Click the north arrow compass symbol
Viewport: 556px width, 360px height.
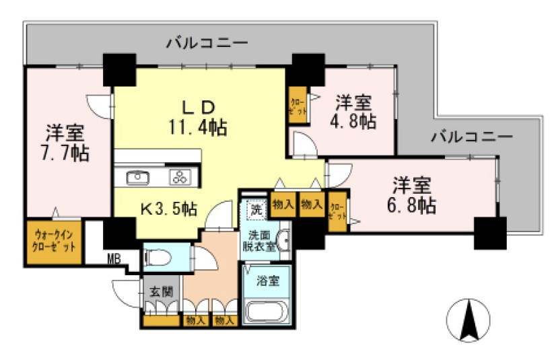pos(469,320)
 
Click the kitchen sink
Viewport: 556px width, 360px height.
pos(138,178)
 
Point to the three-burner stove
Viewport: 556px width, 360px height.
pos(181,178)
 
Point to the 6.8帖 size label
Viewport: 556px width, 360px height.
pos(412,204)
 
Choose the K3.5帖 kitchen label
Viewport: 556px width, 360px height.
pos(168,209)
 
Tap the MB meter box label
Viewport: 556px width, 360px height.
pos(114,256)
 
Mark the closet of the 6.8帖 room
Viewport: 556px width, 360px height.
pos(337,211)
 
